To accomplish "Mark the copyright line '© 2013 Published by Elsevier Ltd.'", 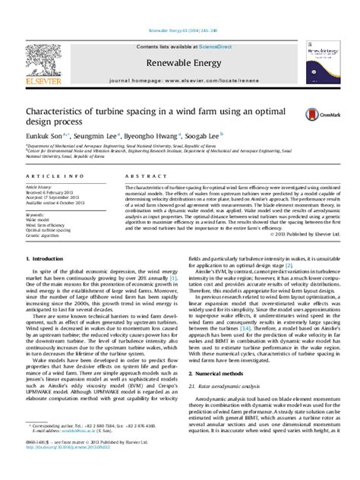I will click(x=312, y=235).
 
